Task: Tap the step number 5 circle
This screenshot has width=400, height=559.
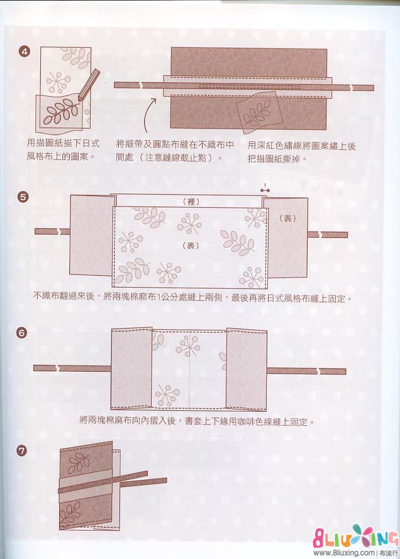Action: click(24, 197)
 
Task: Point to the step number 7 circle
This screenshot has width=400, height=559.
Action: click(23, 450)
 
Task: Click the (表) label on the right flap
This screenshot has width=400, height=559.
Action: click(287, 218)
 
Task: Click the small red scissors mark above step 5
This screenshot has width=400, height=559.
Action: click(265, 187)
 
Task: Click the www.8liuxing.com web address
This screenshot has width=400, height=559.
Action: click(343, 553)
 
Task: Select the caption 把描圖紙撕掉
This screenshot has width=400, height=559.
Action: click(277, 159)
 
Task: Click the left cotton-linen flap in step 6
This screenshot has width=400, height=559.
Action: click(132, 367)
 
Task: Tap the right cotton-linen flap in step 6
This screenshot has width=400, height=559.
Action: click(247, 367)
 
